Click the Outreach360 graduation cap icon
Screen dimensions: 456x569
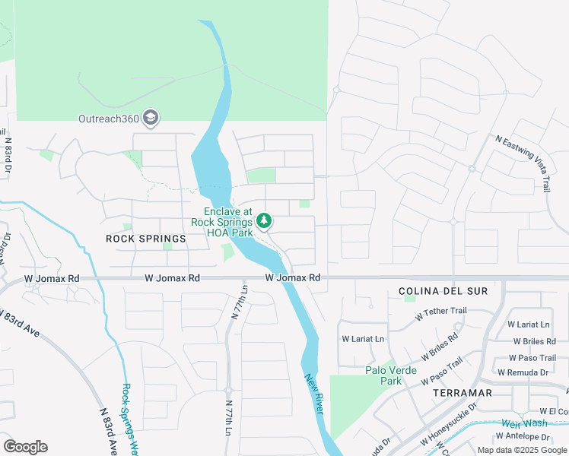tap(151, 117)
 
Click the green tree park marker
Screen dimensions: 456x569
tap(264, 220)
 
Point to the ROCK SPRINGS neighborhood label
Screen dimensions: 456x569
tap(145, 239)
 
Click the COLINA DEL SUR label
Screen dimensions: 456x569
tap(443, 291)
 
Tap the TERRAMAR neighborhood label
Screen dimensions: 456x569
tap(462, 393)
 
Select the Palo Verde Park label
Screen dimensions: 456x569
tap(383, 375)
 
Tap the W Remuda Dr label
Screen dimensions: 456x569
tap(523, 372)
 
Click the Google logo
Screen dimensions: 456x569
tap(25, 447)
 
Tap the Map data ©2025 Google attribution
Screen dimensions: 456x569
tap(523, 450)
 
